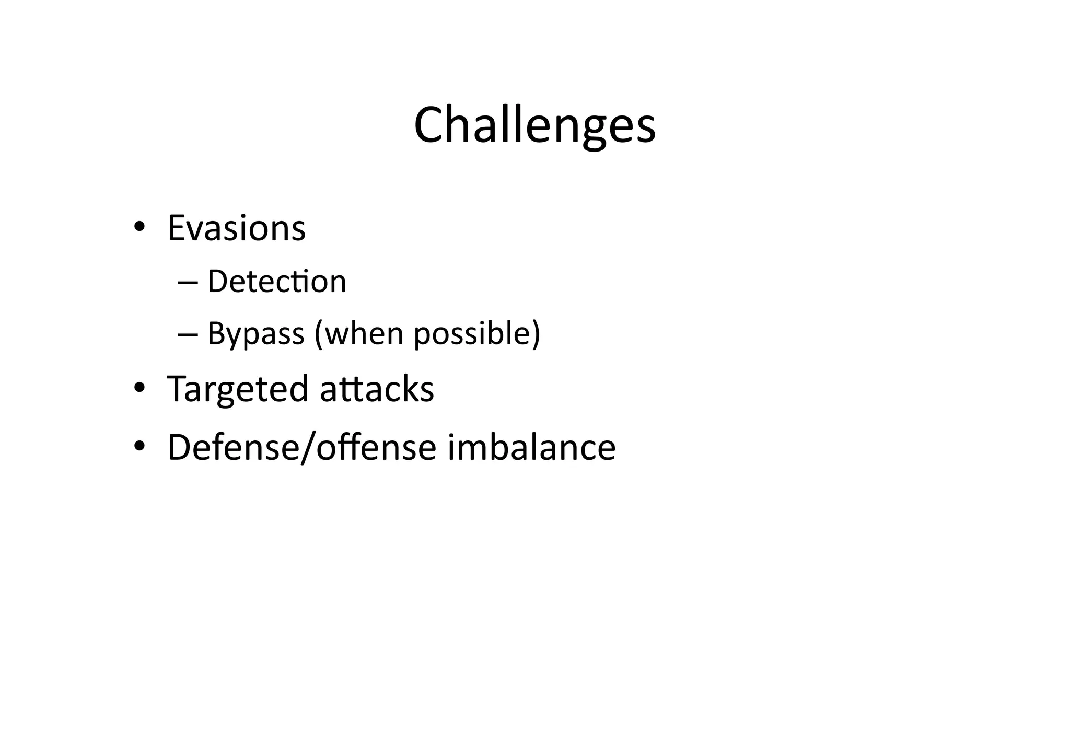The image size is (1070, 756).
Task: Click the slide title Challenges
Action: [x=534, y=125]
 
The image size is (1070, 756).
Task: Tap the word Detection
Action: [x=277, y=281]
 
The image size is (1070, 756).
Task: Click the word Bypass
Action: [x=255, y=333]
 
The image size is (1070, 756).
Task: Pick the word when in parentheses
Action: [x=364, y=333]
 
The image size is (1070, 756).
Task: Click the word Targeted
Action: [x=238, y=389]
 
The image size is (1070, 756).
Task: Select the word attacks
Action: [x=377, y=389]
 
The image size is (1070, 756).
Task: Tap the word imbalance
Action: [x=531, y=447]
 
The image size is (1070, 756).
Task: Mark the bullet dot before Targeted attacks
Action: [x=139, y=388]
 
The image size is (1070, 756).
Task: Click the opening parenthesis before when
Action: [x=319, y=333]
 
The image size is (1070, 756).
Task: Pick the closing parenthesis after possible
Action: [x=536, y=333]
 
